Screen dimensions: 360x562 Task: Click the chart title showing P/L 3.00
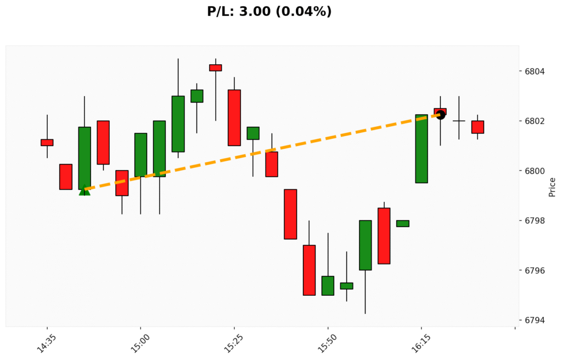[x=269, y=11]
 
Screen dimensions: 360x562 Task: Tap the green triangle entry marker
[x=85, y=190]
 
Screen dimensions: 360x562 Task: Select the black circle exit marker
[x=440, y=115]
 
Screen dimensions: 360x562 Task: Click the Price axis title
[x=552, y=187]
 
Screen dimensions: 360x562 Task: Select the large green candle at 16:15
[x=421, y=148]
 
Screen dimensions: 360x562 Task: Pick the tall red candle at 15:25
[x=234, y=117]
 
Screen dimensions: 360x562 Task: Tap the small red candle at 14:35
[x=47, y=143]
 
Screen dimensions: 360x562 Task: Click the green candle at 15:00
[x=140, y=155]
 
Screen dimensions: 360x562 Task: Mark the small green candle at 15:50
[x=328, y=285]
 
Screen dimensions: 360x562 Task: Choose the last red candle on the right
[x=477, y=127]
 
